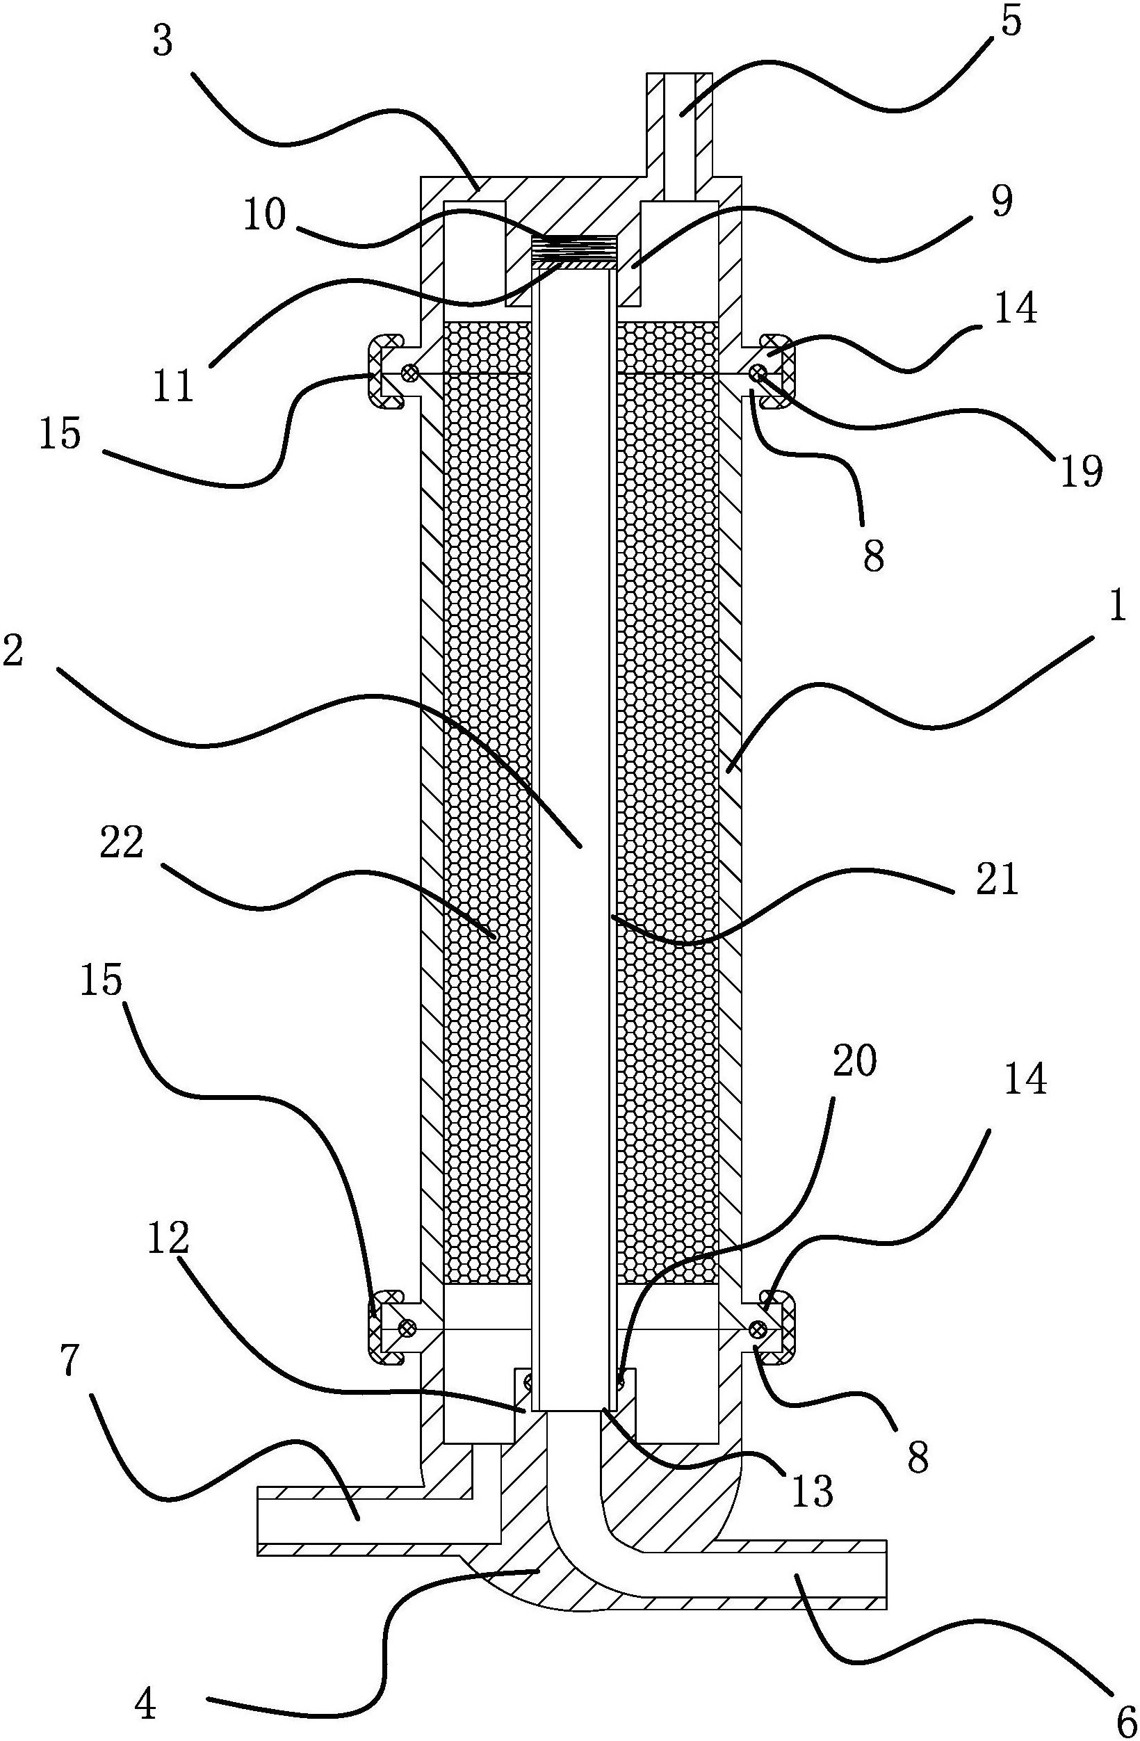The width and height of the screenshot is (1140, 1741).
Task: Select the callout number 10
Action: (266, 215)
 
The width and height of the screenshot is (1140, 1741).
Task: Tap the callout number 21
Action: (997, 880)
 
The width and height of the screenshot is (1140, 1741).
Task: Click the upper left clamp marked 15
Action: (382, 371)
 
